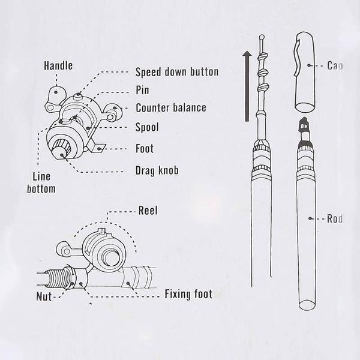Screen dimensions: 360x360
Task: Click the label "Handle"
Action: (58, 65)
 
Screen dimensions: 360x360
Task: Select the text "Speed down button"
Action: (176, 72)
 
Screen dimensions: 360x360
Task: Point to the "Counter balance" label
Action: (170, 109)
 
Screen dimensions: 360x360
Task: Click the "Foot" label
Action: (145, 149)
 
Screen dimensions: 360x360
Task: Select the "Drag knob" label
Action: (157, 171)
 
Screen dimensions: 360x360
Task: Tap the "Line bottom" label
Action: (41, 183)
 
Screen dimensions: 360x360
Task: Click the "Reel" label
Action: (148, 211)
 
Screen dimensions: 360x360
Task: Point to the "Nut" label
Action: (42, 296)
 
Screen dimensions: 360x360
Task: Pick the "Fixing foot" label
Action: (188, 295)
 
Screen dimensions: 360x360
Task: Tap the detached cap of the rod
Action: (306, 74)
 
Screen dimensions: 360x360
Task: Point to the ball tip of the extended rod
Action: (262, 37)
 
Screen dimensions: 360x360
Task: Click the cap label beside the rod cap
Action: (335, 65)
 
